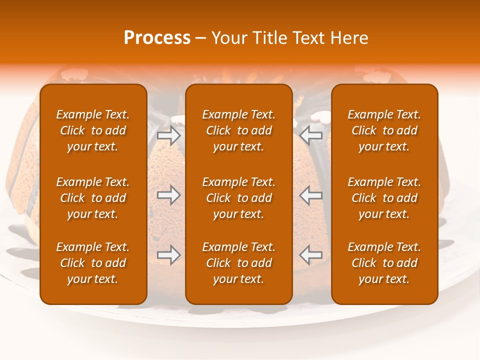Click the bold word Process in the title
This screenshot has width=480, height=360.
click(157, 38)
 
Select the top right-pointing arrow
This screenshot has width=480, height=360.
click(168, 135)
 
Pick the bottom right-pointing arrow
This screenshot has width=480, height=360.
click(168, 254)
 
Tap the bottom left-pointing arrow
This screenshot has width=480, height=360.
click(311, 254)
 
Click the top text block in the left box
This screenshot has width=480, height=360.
click(93, 130)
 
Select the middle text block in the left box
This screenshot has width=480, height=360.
click(93, 198)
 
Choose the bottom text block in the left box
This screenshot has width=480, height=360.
click(93, 263)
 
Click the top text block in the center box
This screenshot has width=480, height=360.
click(238, 130)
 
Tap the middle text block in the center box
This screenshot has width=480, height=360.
click(238, 198)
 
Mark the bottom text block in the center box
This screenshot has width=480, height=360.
click(238, 263)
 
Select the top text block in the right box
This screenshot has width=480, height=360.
click(384, 130)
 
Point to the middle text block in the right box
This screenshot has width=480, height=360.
click(384, 198)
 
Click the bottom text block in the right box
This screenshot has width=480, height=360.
click(384, 263)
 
